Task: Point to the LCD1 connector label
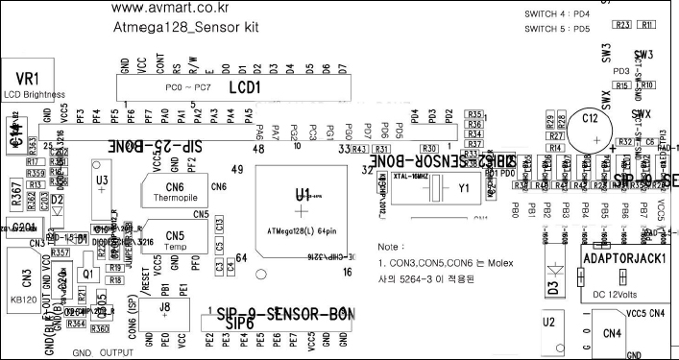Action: pos(245,87)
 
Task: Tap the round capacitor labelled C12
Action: pos(590,128)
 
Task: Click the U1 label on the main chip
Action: pos(303,193)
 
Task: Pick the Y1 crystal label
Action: pos(465,188)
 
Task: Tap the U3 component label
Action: pos(102,180)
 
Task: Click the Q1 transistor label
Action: pos(86,273)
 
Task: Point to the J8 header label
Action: pos(165,307)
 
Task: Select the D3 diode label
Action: pos(553,286)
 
